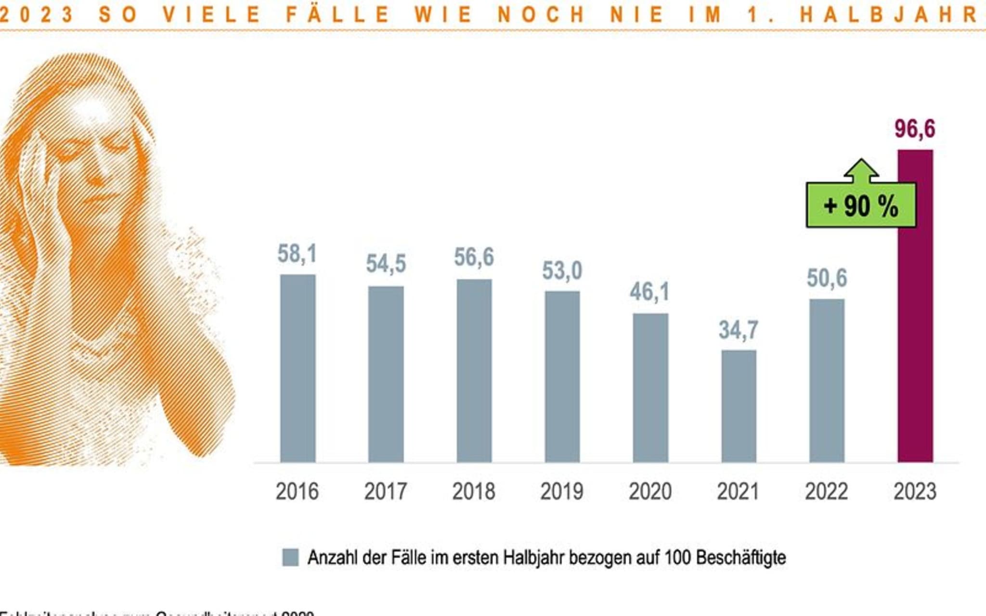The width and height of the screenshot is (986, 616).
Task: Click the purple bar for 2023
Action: coord(915,337)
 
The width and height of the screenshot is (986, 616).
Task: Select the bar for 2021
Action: coord(739,406)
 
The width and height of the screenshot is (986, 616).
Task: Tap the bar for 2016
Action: coord(298,369)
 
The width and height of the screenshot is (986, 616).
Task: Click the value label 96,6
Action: coord(915,129)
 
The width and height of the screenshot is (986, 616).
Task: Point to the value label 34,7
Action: coord(739,330)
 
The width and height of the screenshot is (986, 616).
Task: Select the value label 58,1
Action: coord(297,254)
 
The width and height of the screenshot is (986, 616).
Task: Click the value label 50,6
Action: coord(827,278)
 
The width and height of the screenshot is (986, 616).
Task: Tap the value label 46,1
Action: coord(650,292)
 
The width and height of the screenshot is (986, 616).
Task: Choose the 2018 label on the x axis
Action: coord(474,491)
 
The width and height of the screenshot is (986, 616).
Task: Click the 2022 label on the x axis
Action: coord(827,491)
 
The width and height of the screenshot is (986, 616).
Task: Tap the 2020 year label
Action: coord(650,491)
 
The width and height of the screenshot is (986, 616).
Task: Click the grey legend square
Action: coord(290,558)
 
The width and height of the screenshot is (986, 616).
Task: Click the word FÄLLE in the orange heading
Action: coord(337,14)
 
